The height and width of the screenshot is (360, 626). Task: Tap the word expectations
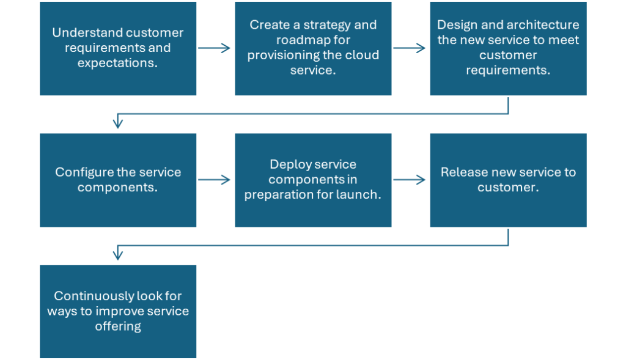tap(117, 63)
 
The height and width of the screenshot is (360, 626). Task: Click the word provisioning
tap(282, 55)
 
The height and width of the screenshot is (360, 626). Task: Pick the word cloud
tap(362, 54)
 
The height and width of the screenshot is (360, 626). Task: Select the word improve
tap(114, 311)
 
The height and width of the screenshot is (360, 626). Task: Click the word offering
tap(118, 326)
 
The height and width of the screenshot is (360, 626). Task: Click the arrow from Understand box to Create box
tap(215, 48)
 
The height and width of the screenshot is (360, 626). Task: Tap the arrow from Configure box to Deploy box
tap(215, 180)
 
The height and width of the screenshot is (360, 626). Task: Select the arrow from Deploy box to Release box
tap(410, 180)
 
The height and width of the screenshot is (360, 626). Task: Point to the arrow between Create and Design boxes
tap(410, 48)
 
